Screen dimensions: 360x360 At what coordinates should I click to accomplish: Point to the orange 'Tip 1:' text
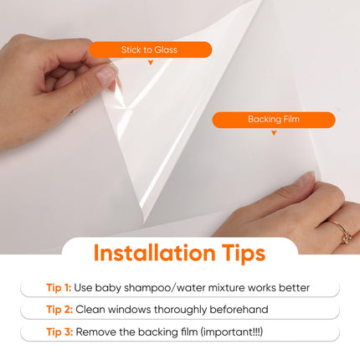coord(59,288)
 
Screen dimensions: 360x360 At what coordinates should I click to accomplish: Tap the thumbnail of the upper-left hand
coord(106,76)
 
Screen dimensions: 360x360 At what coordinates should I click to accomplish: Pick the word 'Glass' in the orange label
coord(167,50)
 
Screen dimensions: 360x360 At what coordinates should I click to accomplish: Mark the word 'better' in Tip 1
coord(294,288)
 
